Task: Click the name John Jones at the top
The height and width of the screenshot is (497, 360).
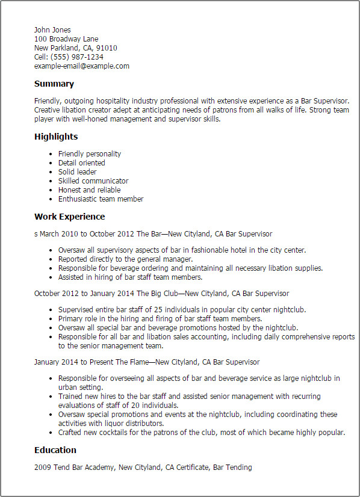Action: tap(52, 30)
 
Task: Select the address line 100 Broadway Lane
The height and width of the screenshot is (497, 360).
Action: tap(66, 39)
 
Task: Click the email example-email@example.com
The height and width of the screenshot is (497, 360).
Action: tap(82, 66)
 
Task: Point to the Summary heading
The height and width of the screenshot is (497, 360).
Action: tap(54, 84)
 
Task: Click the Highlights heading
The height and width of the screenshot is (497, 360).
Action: tap(57, 137)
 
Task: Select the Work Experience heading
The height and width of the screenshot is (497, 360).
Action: tap(69, 217)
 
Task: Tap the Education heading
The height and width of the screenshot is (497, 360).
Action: tap(55, 450)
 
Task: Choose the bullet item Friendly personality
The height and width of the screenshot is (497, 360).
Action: tap(90, 154)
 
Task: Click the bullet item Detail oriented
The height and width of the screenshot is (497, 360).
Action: tap(82, 163)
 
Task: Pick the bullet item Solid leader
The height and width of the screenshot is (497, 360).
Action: tap(77, 172)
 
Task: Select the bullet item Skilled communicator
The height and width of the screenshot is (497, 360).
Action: tap(93, 181)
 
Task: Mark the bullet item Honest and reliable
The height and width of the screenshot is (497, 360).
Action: tap(90, 190)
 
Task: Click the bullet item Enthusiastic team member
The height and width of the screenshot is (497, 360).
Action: tap(101, 199)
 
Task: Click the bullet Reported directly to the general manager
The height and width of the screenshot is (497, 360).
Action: tap(125, 259)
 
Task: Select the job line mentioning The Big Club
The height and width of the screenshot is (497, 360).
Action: tap(161, 294)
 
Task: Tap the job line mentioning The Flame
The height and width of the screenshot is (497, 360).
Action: tap(147, 362)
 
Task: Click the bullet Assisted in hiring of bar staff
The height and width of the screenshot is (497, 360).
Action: tap(130, 277)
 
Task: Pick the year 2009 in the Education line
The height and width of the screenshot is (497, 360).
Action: tap(42, 468)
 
